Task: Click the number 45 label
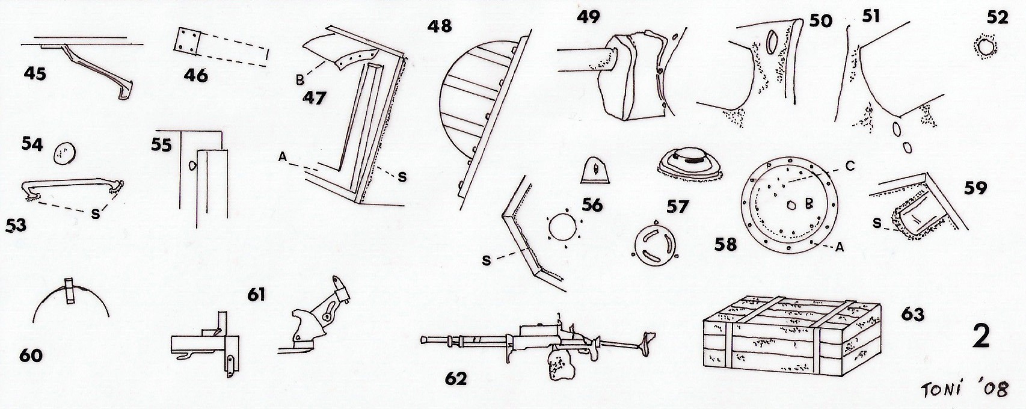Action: pos(35,73)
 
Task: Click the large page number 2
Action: pos(981,337)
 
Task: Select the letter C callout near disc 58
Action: pos(850,167)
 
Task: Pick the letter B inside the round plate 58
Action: pos(809,204)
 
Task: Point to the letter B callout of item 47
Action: pos(300,78)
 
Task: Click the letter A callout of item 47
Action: pos(283,158)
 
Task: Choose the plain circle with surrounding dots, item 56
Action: pos(564,230)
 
